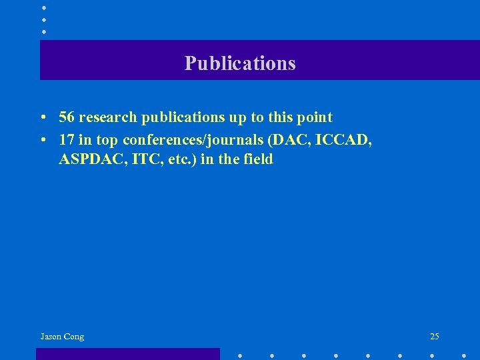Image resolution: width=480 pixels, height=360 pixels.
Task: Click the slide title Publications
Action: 240,63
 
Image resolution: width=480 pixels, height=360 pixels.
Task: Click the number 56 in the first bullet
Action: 67,117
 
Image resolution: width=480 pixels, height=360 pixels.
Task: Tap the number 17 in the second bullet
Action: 67,139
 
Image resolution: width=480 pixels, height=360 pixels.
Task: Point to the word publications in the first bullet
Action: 181,118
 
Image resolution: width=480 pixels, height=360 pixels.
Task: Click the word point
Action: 315,117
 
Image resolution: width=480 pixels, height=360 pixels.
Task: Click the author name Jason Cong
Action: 62,337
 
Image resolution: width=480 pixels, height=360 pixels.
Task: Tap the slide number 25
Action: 435,337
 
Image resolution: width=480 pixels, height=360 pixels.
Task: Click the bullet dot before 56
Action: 42,118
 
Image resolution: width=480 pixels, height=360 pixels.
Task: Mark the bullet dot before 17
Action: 42,139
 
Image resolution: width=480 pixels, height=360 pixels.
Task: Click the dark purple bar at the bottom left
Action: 127,354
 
